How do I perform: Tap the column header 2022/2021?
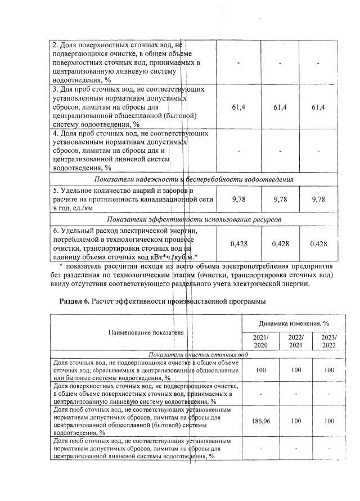click(295, 341)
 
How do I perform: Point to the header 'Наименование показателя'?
click(146, 332)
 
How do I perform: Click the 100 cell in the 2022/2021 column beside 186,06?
click(295, 421)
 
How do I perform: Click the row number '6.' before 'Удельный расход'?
click(56, 231)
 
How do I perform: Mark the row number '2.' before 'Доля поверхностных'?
click(56, 44)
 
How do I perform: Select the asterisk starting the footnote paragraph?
click(61, 266)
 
